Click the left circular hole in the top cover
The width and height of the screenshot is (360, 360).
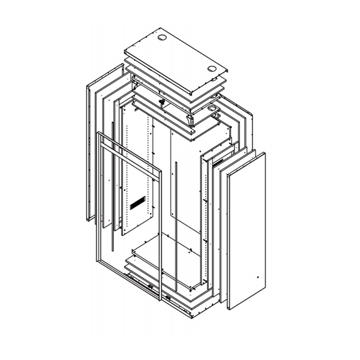pos(163,39)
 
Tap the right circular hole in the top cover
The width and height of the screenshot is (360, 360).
pos(212,68)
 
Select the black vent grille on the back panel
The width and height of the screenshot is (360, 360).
pos(137,203)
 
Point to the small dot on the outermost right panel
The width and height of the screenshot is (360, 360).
pos(257,277)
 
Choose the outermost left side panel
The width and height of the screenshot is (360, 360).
pos(90,150)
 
